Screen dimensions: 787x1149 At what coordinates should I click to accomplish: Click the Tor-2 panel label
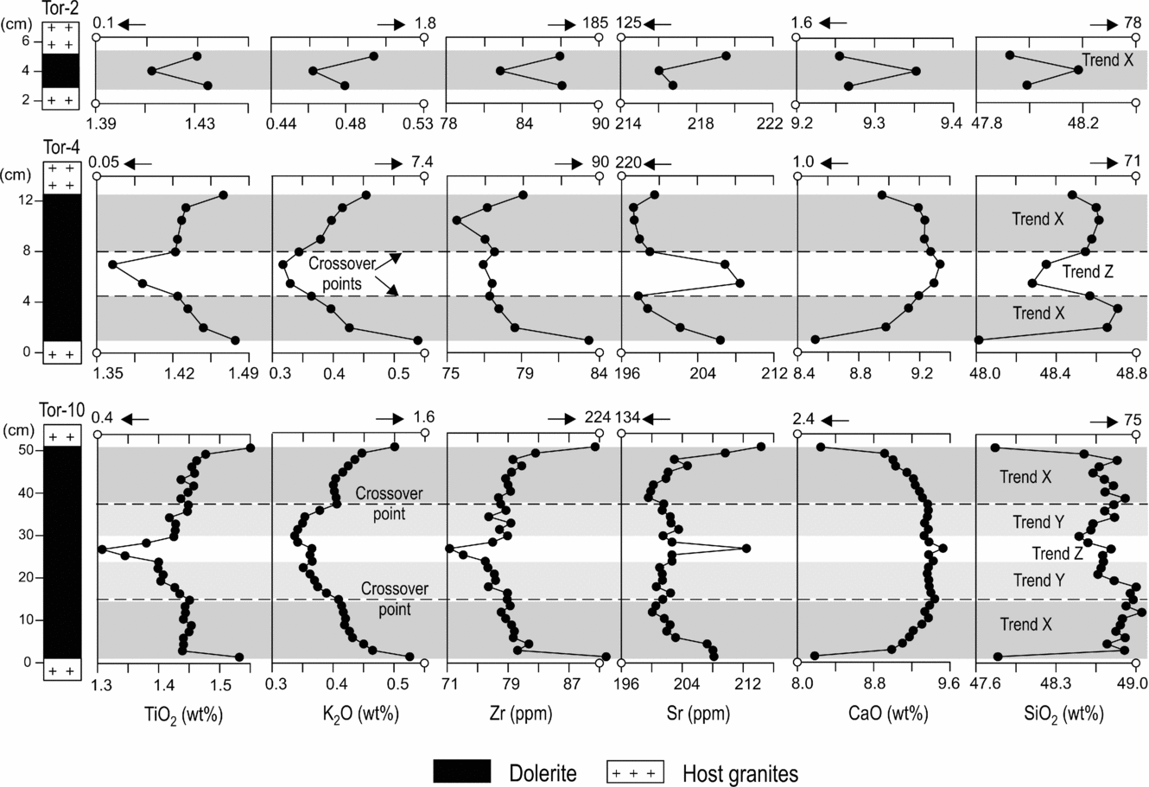tap(61, 9)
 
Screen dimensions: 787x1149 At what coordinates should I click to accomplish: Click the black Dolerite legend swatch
tap(461, 771)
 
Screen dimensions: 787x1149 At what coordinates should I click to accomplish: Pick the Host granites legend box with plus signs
tap(634, 771)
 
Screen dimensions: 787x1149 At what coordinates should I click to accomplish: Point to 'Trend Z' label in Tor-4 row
tap(1088, 272)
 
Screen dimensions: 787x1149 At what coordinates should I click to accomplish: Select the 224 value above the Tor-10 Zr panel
tap(598, 417)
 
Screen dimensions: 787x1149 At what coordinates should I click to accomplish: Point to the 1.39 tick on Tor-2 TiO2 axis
tap(109, 124)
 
